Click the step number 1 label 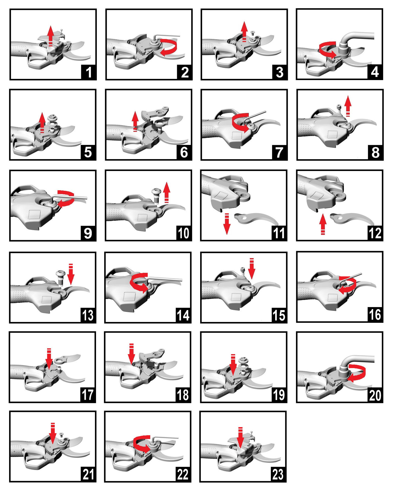tap(89, 72)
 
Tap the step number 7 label tap(279, 153)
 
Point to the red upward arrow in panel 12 tap(323, 224)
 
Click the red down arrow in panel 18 tap(132, 354)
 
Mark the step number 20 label tap(375, 395)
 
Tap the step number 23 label tap(279, 475)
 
